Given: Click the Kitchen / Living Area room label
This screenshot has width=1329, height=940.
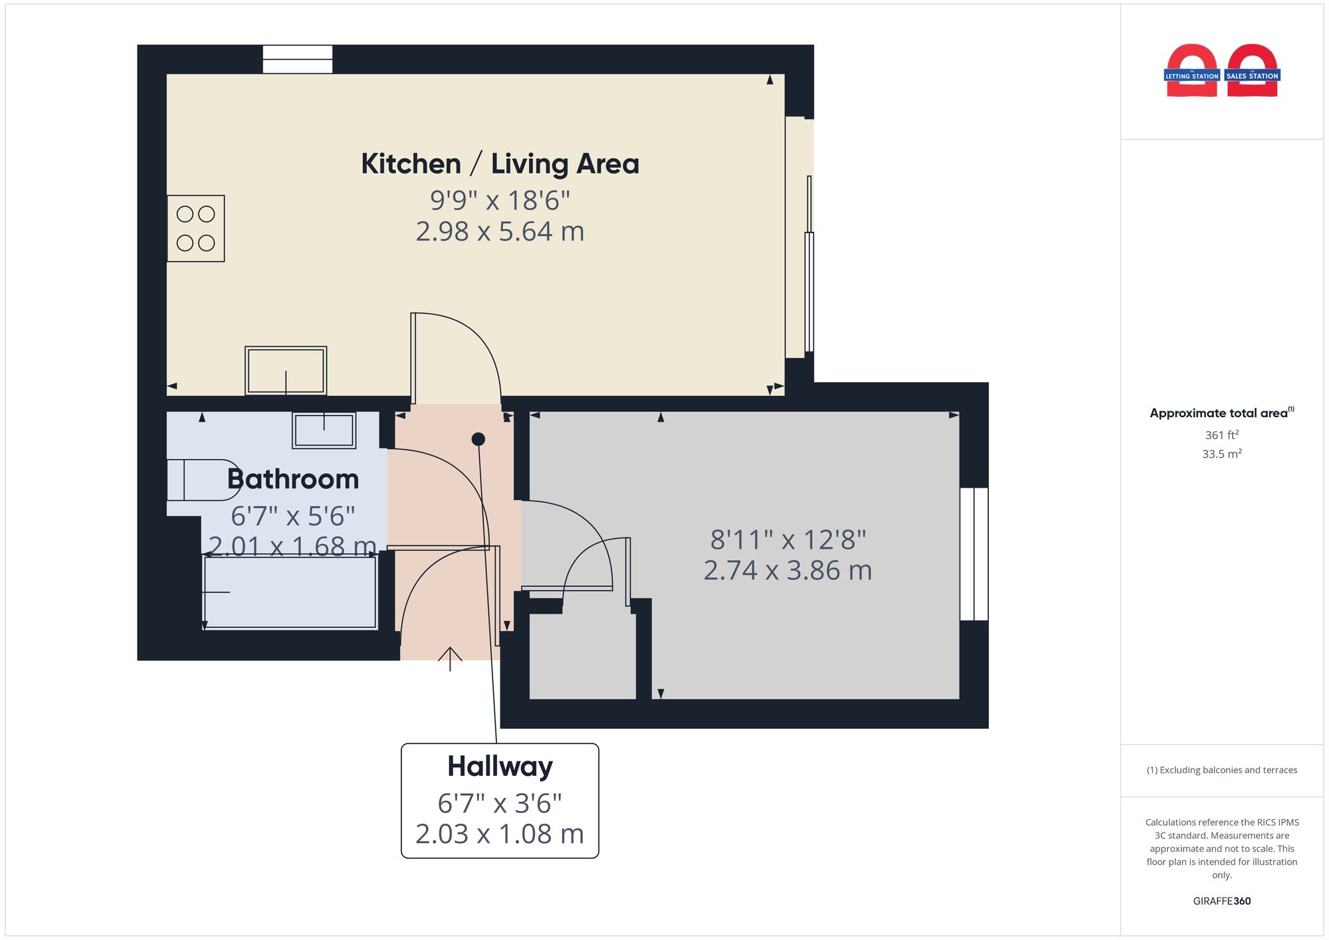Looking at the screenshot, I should click(500, 164).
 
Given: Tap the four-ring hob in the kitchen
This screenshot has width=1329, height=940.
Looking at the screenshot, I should click(195, 228).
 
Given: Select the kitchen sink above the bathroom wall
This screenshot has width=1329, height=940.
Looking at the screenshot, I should click(286, 371).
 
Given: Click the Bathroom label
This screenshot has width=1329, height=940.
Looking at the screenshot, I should click(293, 480).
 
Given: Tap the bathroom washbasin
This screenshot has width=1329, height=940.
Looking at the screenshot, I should click(324, 430).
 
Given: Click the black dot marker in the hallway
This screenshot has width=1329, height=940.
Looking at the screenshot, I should click(478, 439).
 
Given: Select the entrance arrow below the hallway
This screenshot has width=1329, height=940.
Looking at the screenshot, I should click(450, 658).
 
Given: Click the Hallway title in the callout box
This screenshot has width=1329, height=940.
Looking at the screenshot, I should click(500, 767).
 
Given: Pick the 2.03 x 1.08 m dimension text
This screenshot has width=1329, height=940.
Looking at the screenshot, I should click(500, 834).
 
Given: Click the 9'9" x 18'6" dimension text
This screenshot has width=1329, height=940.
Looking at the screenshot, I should click(500, 201).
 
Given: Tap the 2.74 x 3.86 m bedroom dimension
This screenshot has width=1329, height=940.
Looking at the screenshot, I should click(787, 571).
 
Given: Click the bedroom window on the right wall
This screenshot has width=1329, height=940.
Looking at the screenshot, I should click(974, 554).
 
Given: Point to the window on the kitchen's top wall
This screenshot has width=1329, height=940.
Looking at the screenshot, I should click(297, 59).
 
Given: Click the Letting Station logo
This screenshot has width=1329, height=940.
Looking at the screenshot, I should click(1191, 71).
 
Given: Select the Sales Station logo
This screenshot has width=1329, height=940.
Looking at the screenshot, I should click(1253, 71).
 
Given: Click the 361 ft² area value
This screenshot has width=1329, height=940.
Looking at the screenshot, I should click(1221, 435).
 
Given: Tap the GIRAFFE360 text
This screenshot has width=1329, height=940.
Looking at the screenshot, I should click(1221, 901).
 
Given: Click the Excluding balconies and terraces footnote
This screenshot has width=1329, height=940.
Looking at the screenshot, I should click(1221, 771).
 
